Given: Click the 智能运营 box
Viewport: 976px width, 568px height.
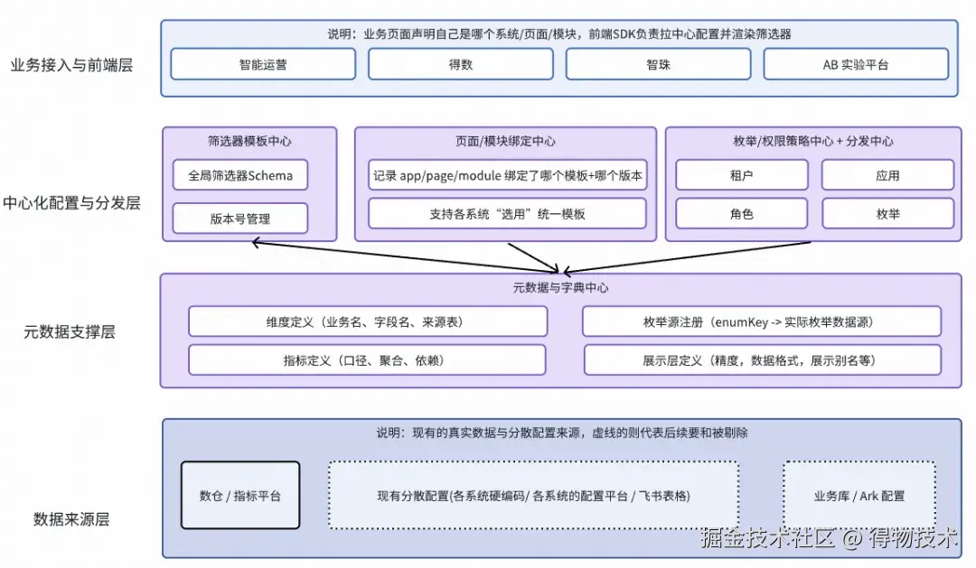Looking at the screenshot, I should point(263,64).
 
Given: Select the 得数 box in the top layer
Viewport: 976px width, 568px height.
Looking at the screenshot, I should point(461,64).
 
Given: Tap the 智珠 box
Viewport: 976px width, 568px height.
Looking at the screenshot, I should point(658,64).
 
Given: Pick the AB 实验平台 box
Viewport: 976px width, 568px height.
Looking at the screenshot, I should point(856,64).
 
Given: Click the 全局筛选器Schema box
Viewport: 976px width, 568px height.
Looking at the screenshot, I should point(240,175).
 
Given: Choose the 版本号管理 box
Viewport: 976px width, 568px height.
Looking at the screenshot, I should point(240,219).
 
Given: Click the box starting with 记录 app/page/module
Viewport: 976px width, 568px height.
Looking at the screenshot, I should point(507,175).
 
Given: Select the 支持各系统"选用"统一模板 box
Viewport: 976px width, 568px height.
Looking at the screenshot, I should point(507,214).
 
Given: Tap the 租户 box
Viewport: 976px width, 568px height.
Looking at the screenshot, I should point(741,175).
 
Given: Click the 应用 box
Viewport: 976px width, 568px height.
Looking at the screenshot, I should point(887,175).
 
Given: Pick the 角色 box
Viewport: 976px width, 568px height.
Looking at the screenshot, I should point(741,214).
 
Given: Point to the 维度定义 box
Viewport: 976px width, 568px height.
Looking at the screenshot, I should point(368,321).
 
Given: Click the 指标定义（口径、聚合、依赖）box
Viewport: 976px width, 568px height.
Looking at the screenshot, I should point(367,359).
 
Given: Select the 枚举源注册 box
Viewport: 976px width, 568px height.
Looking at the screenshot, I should point(762,321).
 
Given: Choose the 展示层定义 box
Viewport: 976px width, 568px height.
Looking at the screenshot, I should point(763,359).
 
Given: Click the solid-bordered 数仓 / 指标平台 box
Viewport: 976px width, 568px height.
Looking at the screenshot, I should point(239,495).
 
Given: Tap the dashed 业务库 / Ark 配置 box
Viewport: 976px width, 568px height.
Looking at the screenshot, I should point(859,495).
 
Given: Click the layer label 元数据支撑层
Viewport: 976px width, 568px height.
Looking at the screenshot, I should point(70,331).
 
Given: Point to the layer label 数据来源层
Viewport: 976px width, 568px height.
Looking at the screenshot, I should point(71,519).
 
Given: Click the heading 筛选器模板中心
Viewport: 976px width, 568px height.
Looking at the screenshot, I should point(249,141).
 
